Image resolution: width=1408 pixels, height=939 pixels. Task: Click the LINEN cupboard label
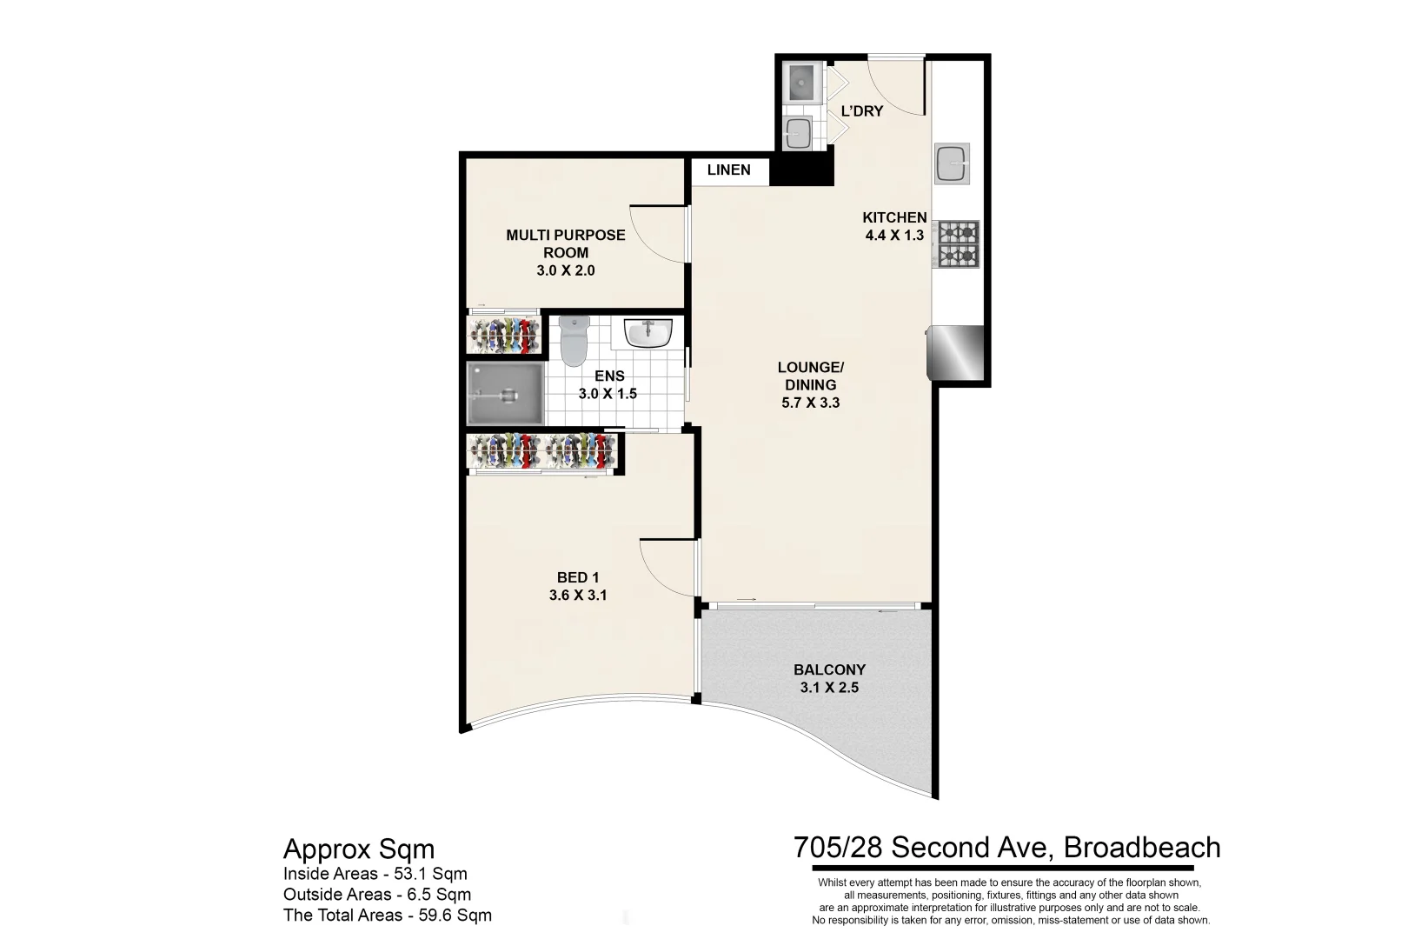(728, 170)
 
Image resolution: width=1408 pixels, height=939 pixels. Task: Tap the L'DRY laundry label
(861, 111)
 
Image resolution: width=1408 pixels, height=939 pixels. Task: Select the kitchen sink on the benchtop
(952, 163)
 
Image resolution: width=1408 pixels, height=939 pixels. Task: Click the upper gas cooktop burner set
(956, 233)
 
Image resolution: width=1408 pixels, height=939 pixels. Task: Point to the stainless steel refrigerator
(956, 353)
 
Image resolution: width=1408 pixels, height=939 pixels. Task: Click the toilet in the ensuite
(574, 340)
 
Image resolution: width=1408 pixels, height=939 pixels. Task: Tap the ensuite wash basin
(648, 333)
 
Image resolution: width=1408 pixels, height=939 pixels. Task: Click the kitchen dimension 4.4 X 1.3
(894, 235)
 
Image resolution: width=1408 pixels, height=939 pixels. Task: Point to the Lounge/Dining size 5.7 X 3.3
(810, 403)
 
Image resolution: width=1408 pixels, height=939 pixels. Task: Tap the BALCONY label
(829, 669)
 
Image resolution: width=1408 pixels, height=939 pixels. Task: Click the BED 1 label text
(578, 577)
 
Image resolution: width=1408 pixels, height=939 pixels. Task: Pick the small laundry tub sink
(798, 134)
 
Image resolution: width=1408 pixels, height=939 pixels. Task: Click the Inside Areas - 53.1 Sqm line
(375, 874)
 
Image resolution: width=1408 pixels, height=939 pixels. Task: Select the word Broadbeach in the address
(1141, 847)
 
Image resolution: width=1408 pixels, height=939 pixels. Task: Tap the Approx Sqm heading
(359, 849)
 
